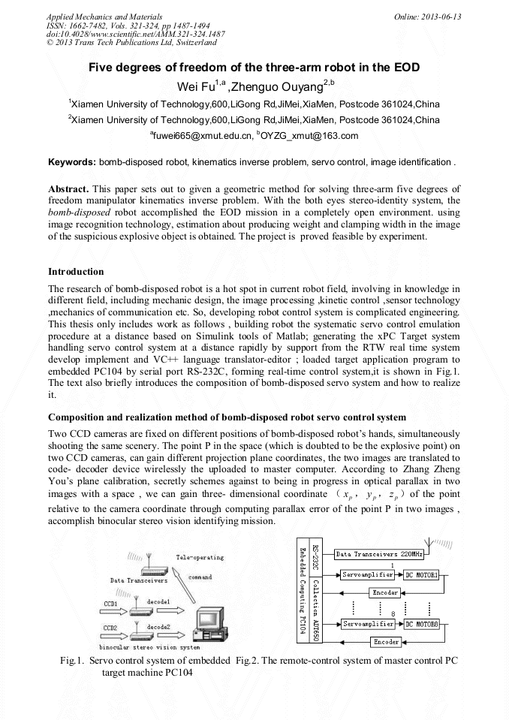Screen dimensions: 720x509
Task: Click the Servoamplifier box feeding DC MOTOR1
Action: tap(367, 575)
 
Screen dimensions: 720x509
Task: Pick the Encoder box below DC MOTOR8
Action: tap(386, 642)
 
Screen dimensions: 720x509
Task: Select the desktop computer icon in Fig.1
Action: tap(213, 619)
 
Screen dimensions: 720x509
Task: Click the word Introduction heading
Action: tap(76, 271)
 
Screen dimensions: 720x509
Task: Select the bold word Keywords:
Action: tap(72, 161)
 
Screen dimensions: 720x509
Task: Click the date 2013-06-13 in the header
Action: tap(443, 16)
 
